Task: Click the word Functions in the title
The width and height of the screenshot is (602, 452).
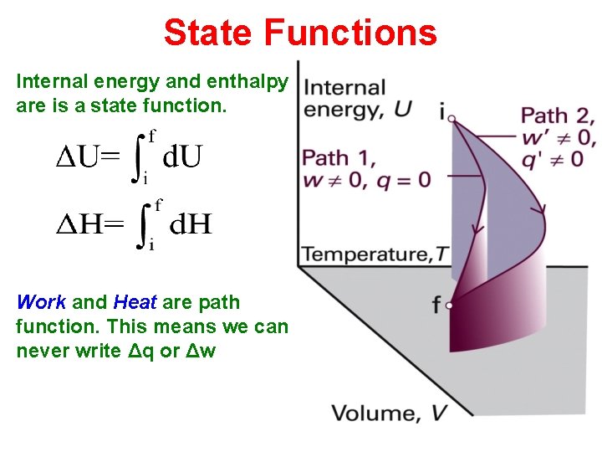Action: pos(350,33)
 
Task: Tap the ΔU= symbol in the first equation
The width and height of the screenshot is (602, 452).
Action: pos(88,156)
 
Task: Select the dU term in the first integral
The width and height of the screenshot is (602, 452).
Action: pos(182,156)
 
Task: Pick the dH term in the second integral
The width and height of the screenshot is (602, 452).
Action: pos(191,223)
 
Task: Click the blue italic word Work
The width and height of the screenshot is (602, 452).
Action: pos(41,302)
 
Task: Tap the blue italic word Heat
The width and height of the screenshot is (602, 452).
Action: pos(135,302)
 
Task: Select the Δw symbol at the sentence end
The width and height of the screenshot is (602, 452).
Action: pos(202,351)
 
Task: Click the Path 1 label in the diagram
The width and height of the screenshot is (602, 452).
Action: pos(339,157)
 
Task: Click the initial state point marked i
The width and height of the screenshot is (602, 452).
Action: pos(451,118)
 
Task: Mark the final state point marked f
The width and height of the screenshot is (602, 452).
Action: pos(450,306)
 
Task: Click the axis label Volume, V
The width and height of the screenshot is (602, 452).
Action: pos(389,413)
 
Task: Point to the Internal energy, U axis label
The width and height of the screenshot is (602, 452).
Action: pos(345,98)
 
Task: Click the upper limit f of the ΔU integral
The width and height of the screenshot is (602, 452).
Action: pos(151,133)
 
